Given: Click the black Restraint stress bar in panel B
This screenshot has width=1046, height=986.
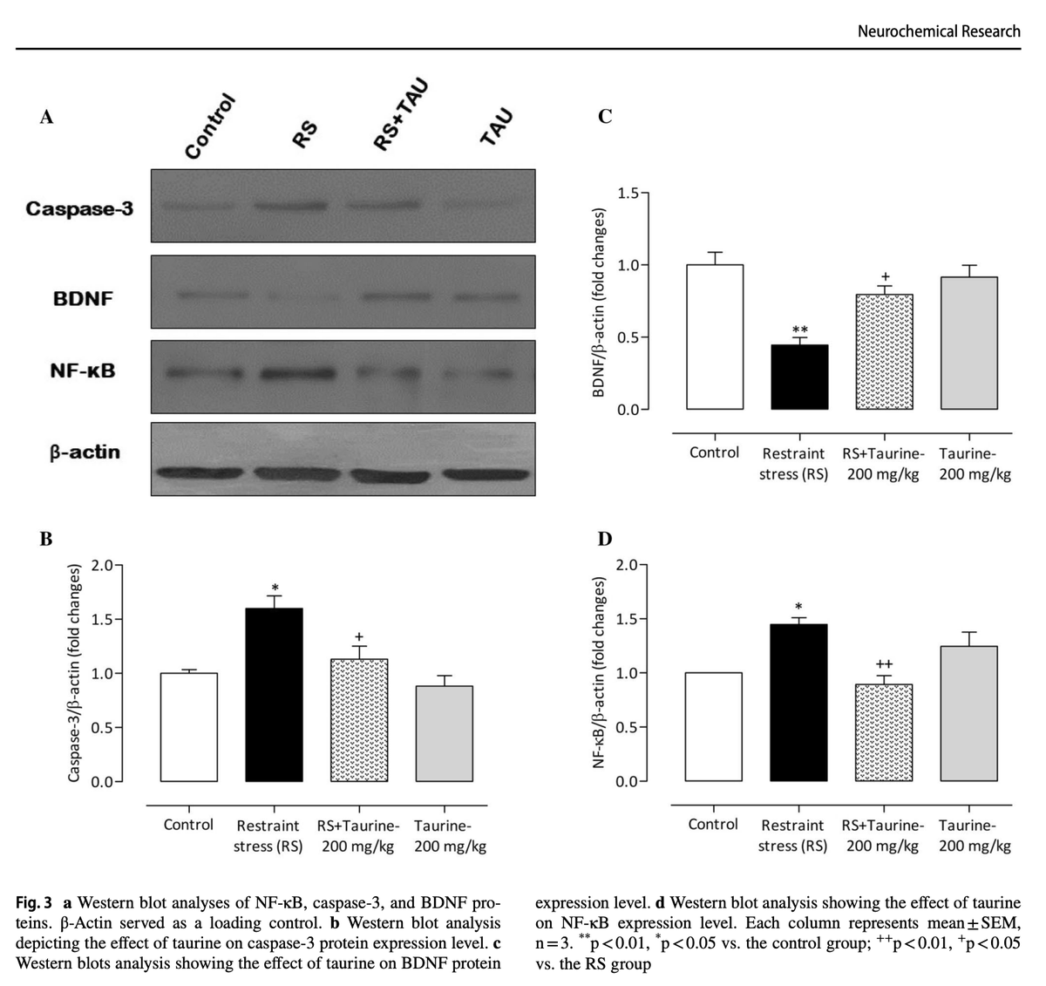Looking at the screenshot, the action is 274,695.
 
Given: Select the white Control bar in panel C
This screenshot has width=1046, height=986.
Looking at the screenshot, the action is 715,337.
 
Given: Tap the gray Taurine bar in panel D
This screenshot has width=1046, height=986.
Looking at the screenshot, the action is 969,713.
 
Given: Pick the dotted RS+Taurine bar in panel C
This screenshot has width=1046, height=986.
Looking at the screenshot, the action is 885,351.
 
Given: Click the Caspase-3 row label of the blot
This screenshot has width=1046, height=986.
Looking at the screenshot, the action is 79,208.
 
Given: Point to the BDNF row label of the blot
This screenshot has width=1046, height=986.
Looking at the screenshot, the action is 83,299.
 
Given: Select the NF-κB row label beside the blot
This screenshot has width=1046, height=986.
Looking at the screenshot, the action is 83,371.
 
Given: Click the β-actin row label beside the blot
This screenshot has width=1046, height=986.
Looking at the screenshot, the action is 85,452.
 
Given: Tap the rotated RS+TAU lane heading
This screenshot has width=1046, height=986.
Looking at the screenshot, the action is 400,114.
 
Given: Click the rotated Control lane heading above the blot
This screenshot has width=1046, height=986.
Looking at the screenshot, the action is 209,126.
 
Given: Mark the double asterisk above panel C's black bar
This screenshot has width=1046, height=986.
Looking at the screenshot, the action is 799,331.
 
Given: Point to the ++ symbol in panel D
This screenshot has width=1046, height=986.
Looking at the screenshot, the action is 884,664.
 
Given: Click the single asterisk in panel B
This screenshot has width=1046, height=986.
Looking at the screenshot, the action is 275,588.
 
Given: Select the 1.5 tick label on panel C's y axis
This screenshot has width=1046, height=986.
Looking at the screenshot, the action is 628,194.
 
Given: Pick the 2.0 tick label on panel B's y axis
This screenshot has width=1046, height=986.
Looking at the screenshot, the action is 102,566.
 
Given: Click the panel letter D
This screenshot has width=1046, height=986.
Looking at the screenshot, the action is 605,539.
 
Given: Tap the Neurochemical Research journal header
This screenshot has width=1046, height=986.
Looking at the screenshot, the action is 939,31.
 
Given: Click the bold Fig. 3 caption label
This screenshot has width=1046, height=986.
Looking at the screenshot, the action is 34,902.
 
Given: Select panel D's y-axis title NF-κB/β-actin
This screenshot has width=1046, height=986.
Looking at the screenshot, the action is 598,672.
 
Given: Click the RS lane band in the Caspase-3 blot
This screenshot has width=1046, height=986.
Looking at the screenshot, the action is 291,206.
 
